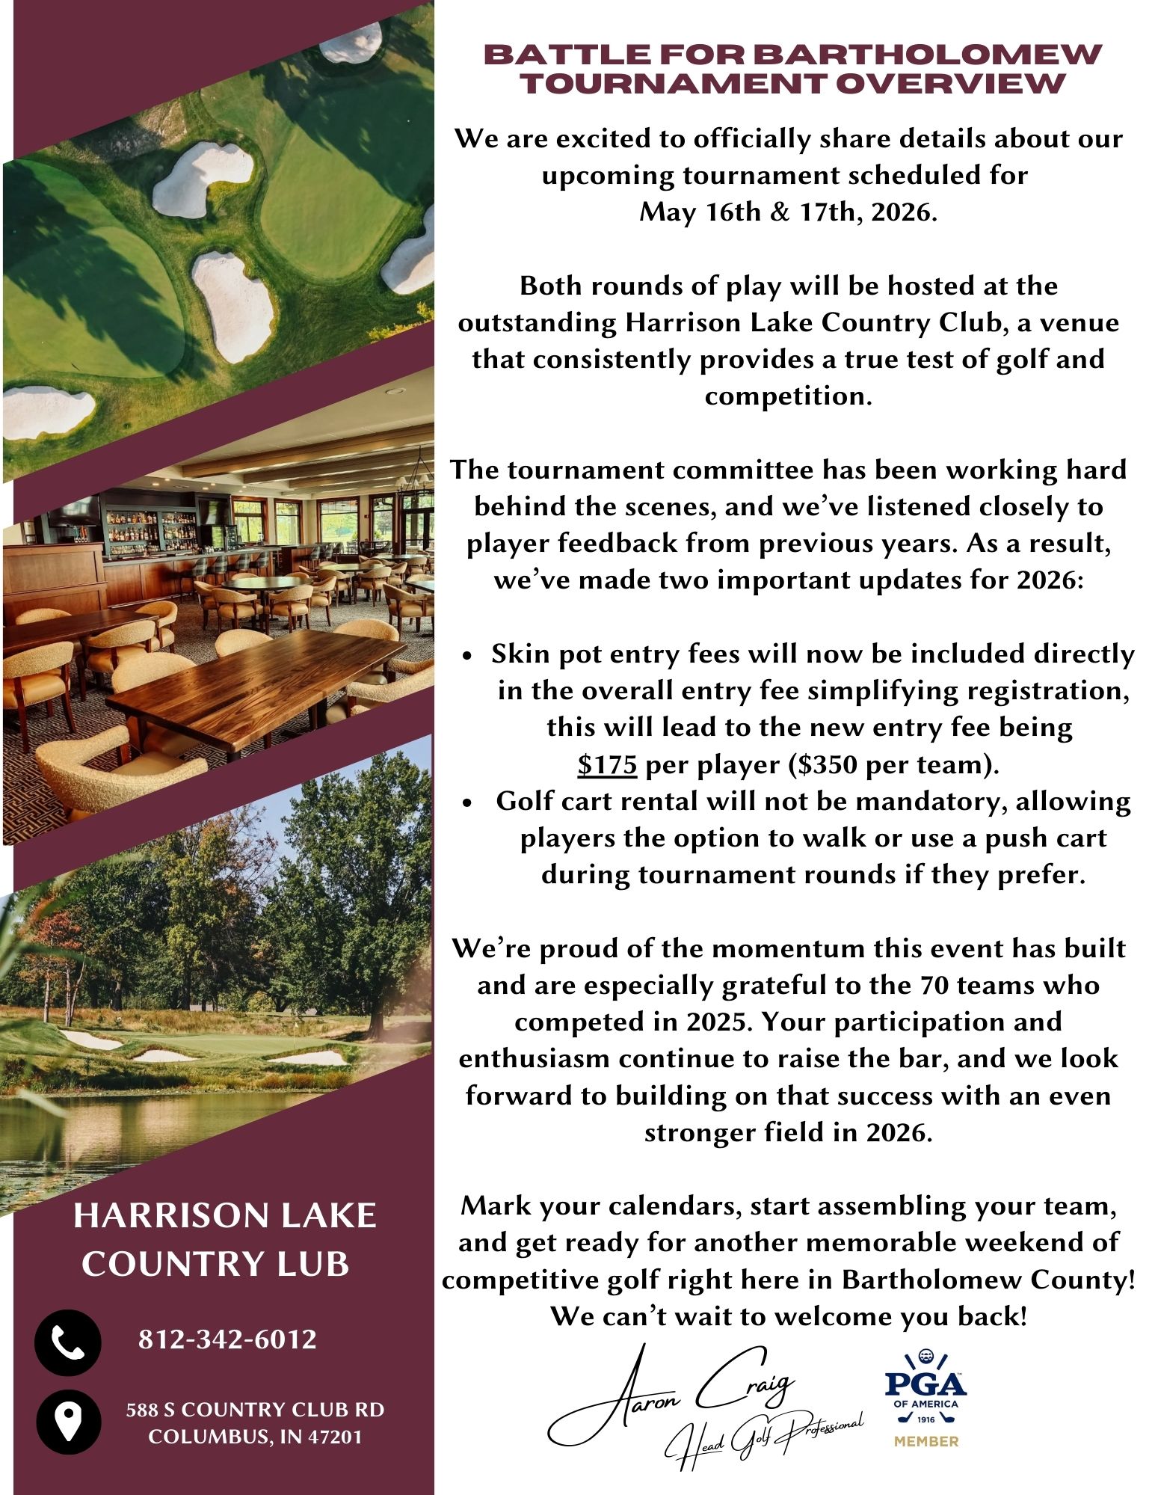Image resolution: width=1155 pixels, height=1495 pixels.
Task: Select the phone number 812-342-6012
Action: (x=228, y=1339)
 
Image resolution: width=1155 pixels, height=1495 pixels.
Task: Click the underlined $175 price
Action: (x=607, y=764)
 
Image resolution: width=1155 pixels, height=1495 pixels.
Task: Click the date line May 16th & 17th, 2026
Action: (x=787, y=212)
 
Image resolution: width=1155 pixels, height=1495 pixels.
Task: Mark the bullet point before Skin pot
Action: (x=467, y=655)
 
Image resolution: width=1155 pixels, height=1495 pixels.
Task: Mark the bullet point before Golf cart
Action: (x=467, y=802)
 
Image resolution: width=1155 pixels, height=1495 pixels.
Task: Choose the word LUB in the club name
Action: (x=318, y=1264)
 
